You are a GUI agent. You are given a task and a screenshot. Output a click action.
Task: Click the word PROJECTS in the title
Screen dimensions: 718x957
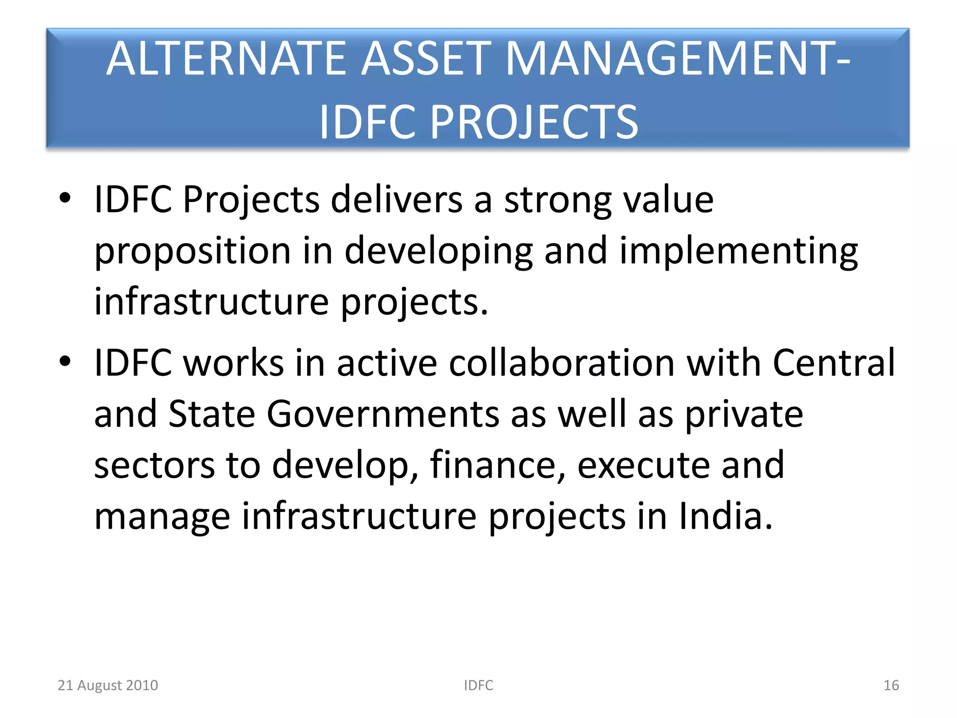click(x=534, y=122)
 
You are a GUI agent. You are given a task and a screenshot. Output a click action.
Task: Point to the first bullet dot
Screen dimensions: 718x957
click(x=65, y=198)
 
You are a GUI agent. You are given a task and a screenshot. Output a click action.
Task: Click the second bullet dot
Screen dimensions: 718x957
click(x=65, y=361)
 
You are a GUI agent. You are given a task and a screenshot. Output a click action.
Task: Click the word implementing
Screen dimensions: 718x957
click(x=738, y=251)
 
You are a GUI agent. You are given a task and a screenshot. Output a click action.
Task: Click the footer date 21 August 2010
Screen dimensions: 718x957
click(x=108, y=685)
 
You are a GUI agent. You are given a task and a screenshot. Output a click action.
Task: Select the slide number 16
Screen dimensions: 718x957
click(x=891, y=685)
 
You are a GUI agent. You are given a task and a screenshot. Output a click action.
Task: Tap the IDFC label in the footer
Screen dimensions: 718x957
click(x=478, y=685)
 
